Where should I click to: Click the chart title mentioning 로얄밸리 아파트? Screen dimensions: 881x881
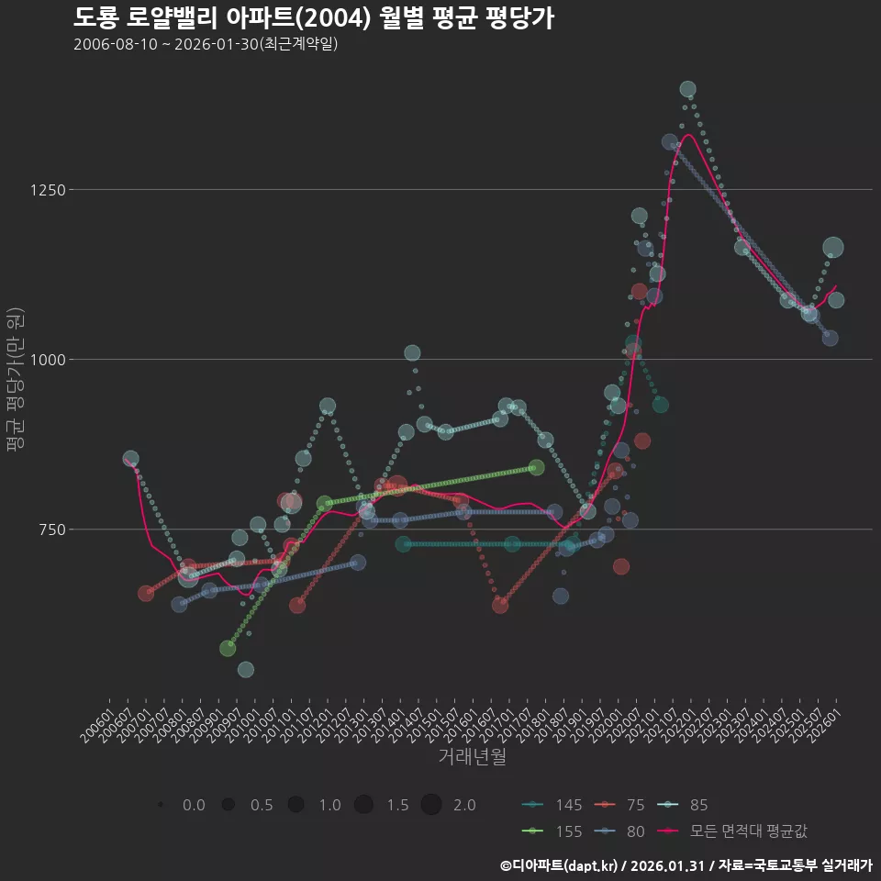click(x=313, y=17)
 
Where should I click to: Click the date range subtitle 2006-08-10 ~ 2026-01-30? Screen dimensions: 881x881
click(x=206, y=44)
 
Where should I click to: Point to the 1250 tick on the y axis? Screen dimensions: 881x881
click(x=47, y=190)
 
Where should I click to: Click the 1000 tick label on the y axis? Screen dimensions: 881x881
click(x=47, y=360)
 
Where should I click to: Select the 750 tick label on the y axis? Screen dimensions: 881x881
click(x=50, y=530)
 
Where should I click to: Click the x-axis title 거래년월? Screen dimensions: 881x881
click(x=472, y=756)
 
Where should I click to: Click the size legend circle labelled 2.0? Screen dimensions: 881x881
click(x=432, y=805)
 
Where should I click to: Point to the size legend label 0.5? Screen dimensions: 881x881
click(x=262, y=805)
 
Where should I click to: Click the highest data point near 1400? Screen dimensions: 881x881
click(x=687, y=89)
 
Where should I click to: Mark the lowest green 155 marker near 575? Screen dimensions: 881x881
click(x=228, y=648)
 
